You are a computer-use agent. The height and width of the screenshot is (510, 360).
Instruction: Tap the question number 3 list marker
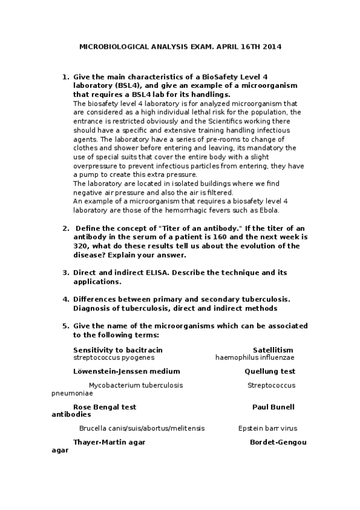click(66, 272)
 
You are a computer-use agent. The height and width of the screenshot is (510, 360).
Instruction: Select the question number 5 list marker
click(66, 325)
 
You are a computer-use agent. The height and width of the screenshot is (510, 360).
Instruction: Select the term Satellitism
click(273, 349)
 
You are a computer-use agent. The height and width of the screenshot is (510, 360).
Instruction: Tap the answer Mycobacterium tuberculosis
click(136, 385)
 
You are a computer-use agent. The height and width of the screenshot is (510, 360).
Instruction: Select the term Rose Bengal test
click(105, 407)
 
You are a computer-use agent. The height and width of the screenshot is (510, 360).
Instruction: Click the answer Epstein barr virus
click(267, 428)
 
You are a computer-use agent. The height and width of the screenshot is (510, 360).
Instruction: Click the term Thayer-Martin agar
click(109, 442)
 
